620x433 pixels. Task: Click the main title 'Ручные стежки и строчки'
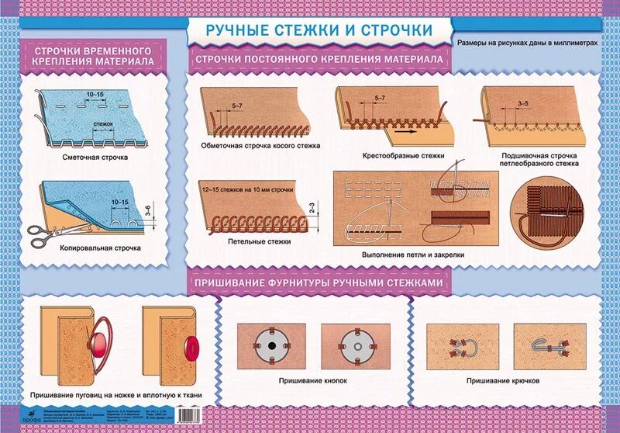click(319, 29)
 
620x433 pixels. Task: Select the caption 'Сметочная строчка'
click(95, 157)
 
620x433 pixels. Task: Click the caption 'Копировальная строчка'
click(100, 248)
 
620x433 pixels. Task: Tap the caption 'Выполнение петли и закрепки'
click(412, 254)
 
